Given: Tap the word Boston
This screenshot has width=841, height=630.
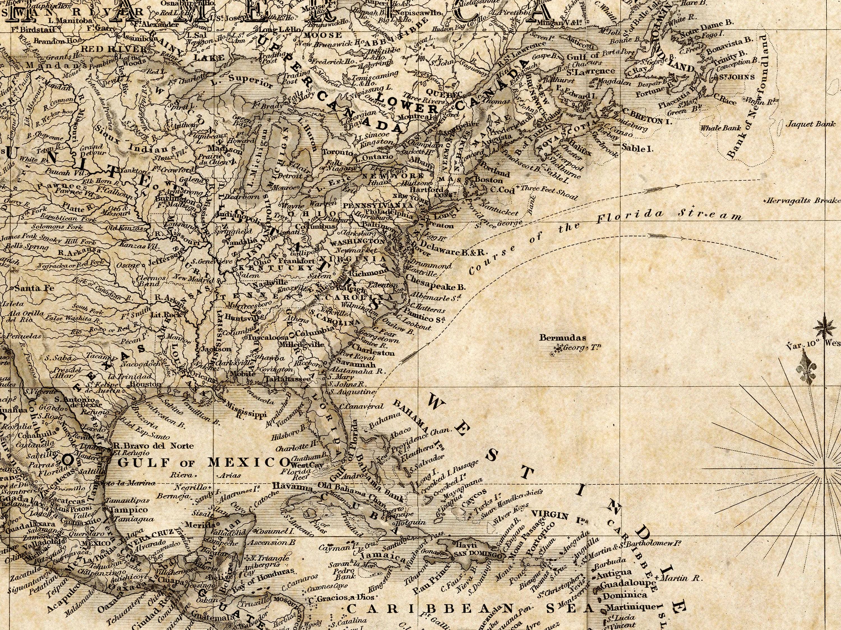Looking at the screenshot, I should [x=489, y=180].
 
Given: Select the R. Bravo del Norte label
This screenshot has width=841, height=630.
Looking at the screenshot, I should [x=153, y=445].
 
